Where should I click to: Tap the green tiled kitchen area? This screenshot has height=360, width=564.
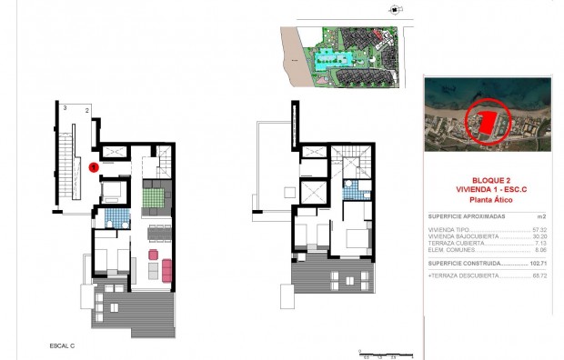click(151, 195)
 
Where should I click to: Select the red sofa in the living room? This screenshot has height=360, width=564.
click(167, 269)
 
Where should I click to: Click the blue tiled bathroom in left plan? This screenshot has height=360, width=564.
click(115, 218)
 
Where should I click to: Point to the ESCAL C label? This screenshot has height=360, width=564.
click(62, 346)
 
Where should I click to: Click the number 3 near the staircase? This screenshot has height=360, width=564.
click(65, 107)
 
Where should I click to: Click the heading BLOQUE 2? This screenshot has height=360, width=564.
click(487, 180)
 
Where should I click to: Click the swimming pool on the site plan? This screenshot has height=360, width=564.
click(323, 62)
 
